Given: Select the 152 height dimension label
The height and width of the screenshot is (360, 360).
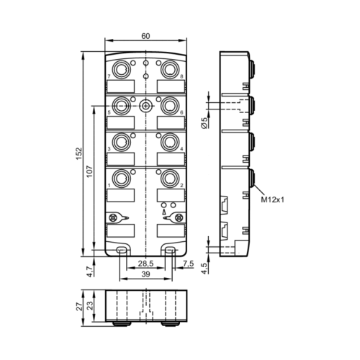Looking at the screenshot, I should point(80,153).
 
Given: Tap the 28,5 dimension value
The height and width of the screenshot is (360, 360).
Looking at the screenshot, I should point(146,264).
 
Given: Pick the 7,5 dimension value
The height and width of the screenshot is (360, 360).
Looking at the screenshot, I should point(189,264).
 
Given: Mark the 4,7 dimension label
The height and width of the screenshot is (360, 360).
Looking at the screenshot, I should point(89,272).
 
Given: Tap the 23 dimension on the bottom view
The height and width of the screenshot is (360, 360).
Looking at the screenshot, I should point(91,306).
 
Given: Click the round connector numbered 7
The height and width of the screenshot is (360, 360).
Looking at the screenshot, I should point(123,68).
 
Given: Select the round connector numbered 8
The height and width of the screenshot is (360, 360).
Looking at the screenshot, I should point(170,68).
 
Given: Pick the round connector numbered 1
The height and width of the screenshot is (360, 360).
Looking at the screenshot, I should point(123,177).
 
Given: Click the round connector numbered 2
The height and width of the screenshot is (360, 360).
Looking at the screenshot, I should point(170,177).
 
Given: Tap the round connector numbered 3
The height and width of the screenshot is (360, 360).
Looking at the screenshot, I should point(123,140).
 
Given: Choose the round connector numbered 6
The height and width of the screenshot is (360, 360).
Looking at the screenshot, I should point(170,104).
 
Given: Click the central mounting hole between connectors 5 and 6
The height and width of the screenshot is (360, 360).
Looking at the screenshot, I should point(146,105).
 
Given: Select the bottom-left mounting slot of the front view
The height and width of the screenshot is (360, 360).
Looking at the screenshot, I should point(122,251).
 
